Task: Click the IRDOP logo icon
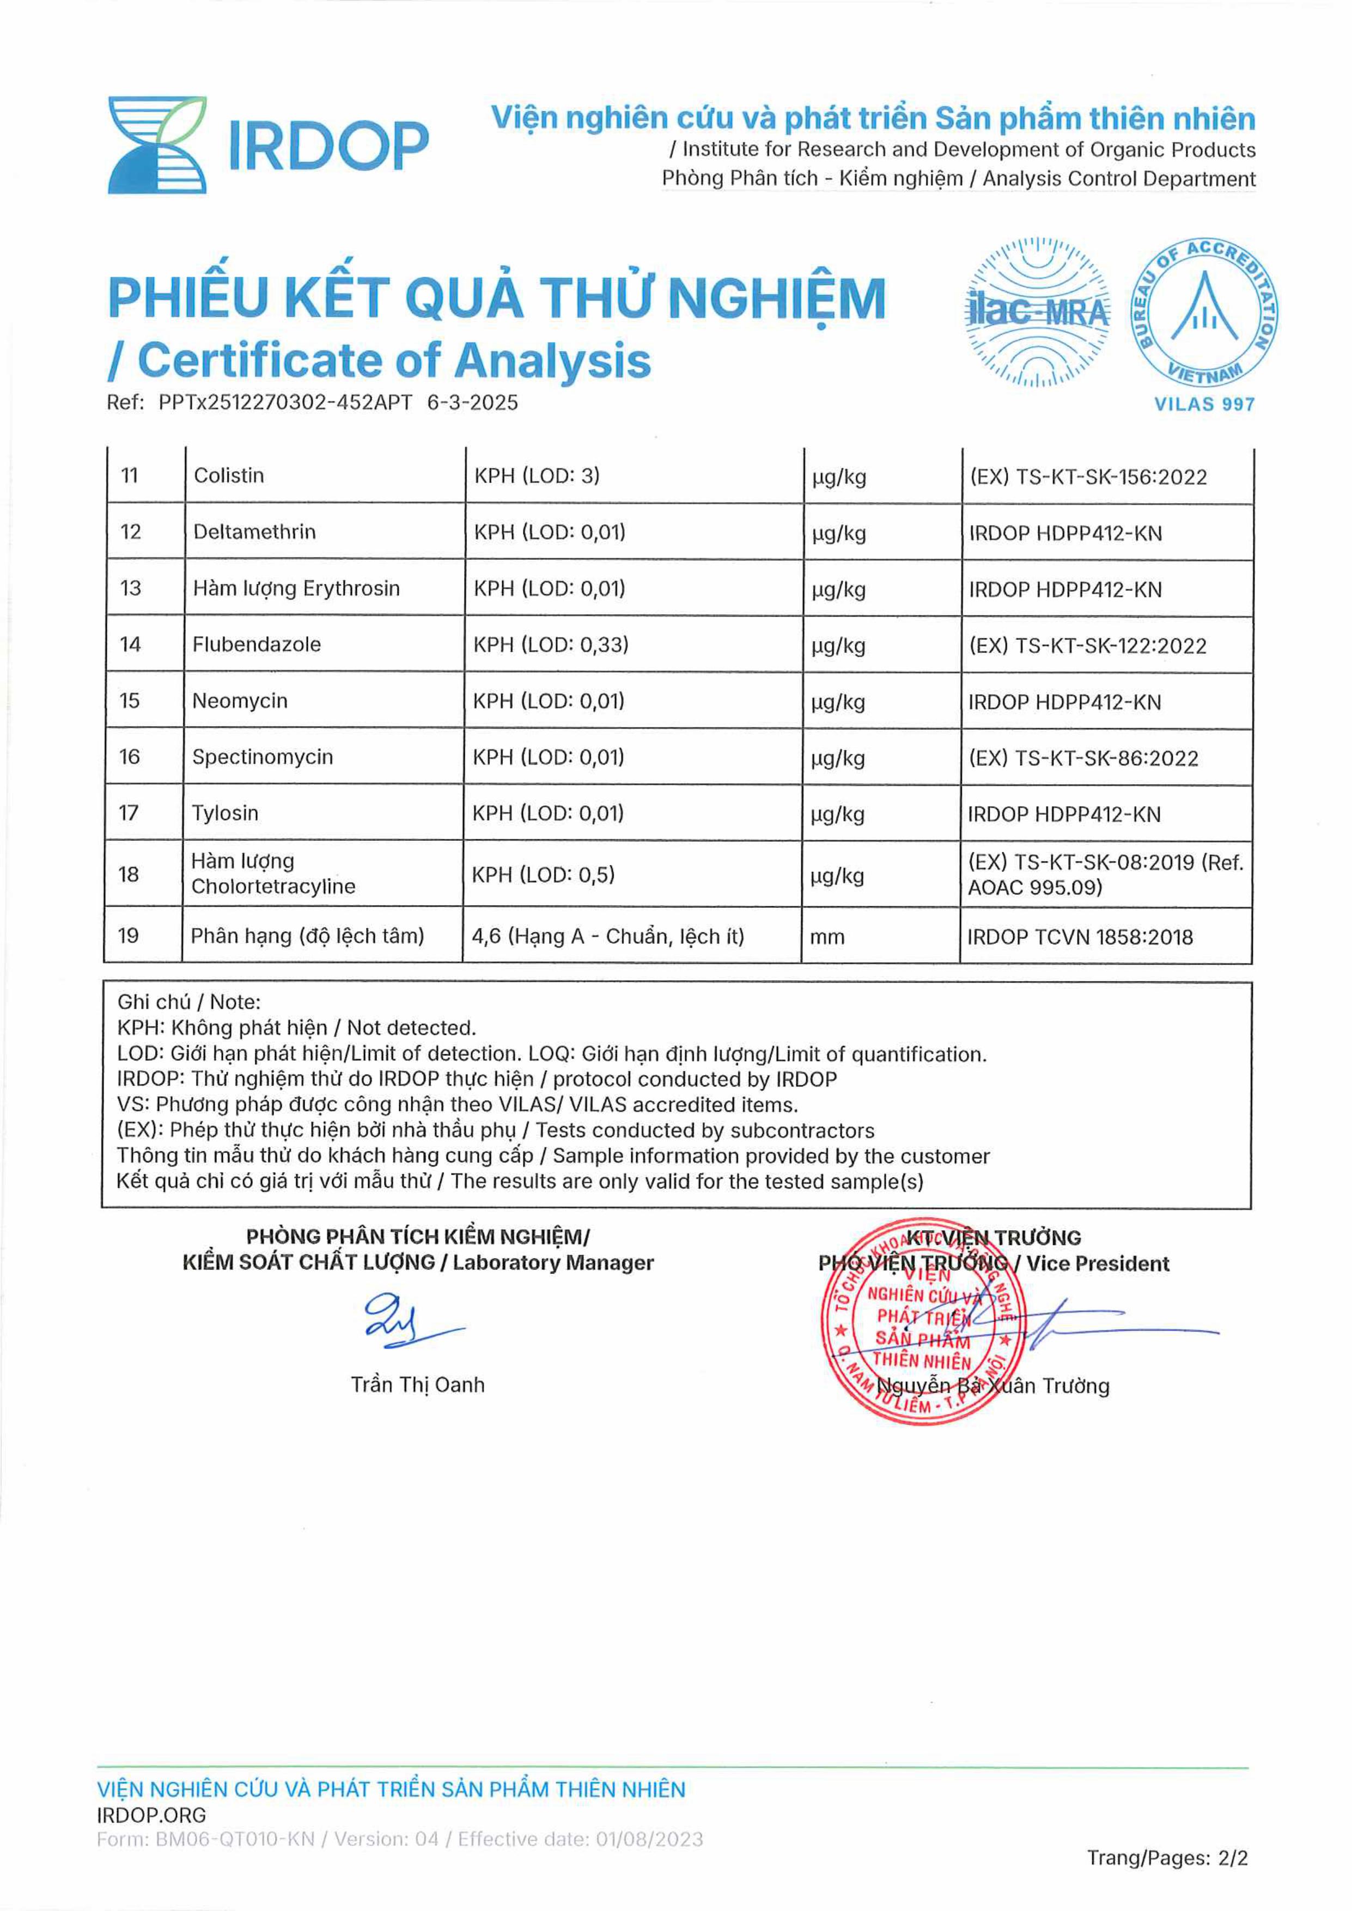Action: [x=157, y=145]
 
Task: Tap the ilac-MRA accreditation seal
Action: [x=1037, y=313]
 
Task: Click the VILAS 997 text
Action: [x=1204, y=405]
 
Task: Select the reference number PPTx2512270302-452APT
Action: [x=285, y=403]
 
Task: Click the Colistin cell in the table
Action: [x=229, y=476]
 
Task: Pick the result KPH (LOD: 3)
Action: [x=537, y=476]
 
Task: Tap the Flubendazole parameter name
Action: [x=257, y=644]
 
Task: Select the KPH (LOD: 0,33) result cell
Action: [x=551, y=644]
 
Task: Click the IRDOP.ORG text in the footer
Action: [x=151, y=1815]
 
